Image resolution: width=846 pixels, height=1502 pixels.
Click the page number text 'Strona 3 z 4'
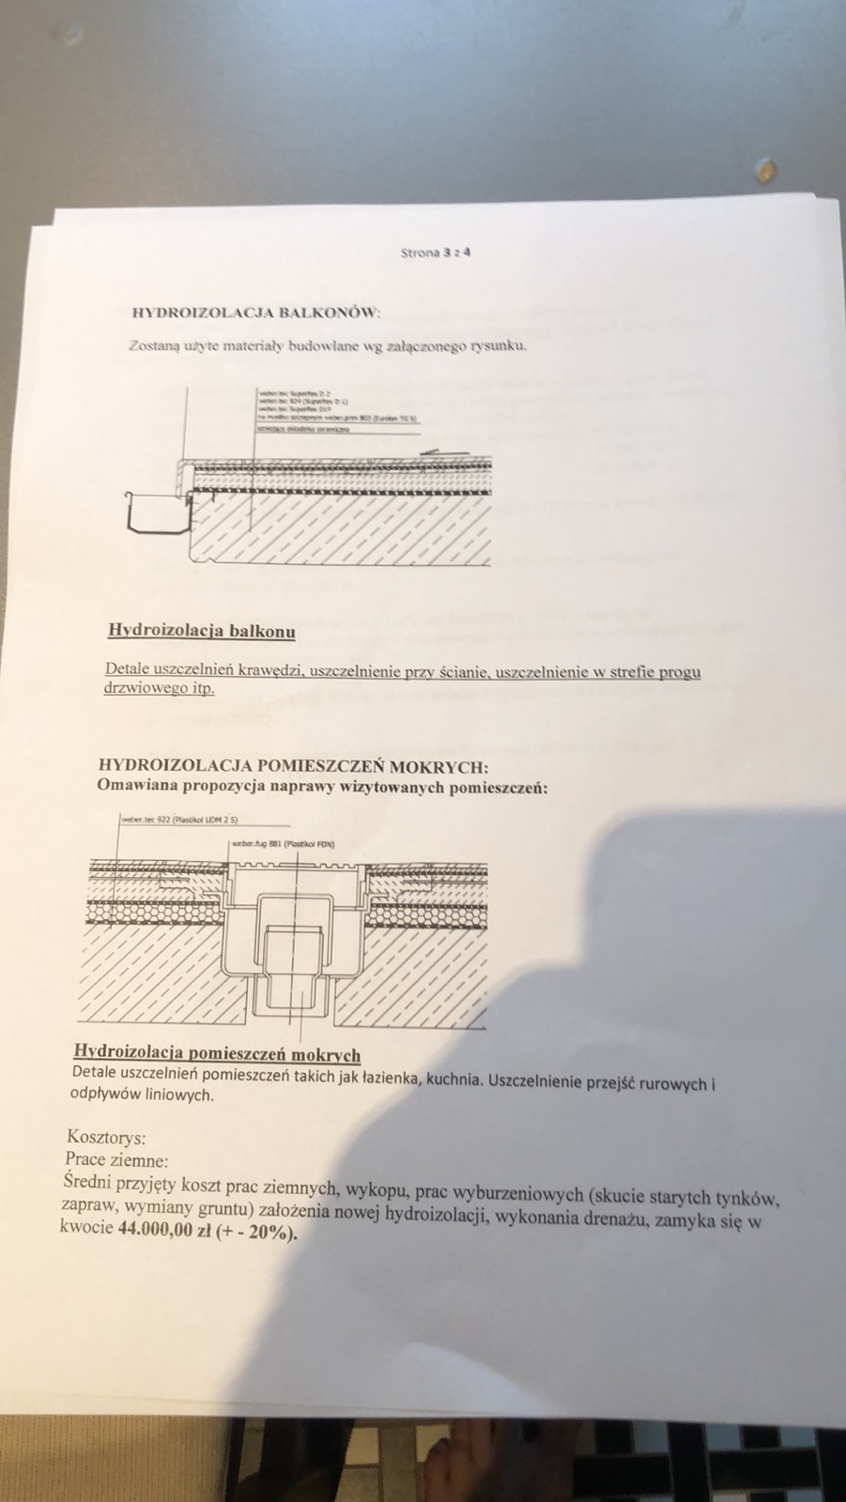[x=436, y=253]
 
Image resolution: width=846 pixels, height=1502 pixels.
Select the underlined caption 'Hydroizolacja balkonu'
[x=202, y=631]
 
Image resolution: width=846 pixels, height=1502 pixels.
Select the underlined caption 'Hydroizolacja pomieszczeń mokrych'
[x=217, y=1054]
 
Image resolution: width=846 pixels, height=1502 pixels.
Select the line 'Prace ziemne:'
[x=116, y=1159]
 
